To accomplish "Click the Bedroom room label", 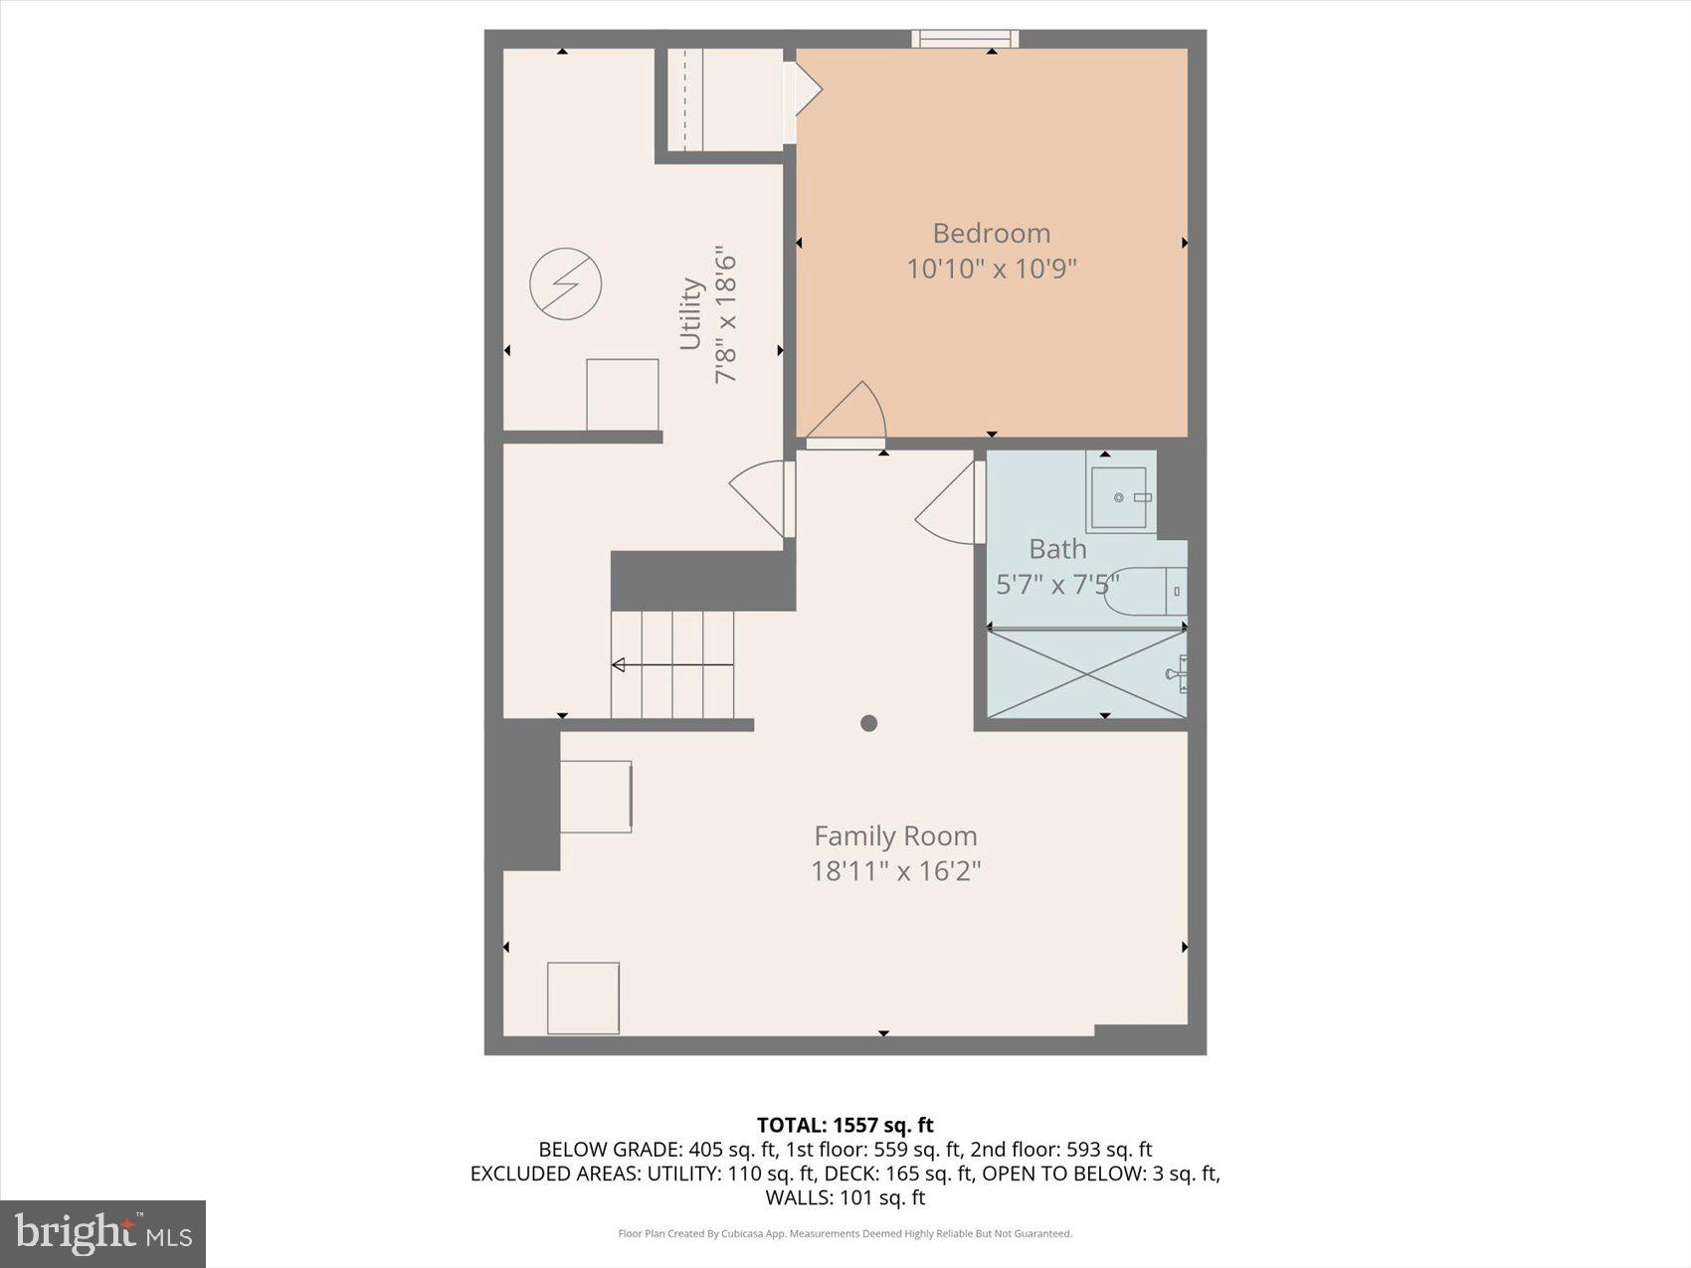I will click(991, 233).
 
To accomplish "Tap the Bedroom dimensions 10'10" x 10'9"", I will click(991, 269).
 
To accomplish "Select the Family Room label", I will click(895, 835).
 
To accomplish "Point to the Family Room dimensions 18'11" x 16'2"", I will click(895, 871).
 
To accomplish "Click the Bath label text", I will click(1057, 549).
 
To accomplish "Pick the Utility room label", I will click(691, 314).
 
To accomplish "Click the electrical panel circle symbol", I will click(565, 283).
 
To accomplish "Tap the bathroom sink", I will click(1120, 497).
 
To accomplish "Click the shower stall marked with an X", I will click(1086, 672).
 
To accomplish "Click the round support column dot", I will click(868, 723).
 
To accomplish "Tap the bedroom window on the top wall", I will click(965, 39).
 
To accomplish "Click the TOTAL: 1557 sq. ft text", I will click(845, 1125).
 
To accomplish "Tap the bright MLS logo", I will click(102, 1234).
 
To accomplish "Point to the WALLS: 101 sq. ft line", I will click(845, 1197).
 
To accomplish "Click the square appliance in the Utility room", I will click(622, 394).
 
